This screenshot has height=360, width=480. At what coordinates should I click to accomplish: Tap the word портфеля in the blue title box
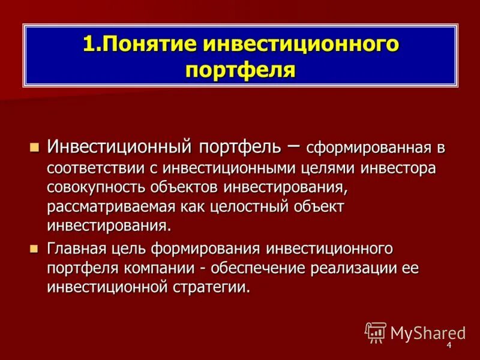click(x=240, y=70)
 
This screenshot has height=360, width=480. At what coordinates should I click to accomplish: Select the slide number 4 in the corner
click(x=449, y=346)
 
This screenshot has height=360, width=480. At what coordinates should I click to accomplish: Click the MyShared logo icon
click(x=376, y=332)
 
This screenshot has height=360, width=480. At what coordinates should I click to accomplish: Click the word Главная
click(x=76, y=248)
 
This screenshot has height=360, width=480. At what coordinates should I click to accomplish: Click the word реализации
click(x=353, y=268)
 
